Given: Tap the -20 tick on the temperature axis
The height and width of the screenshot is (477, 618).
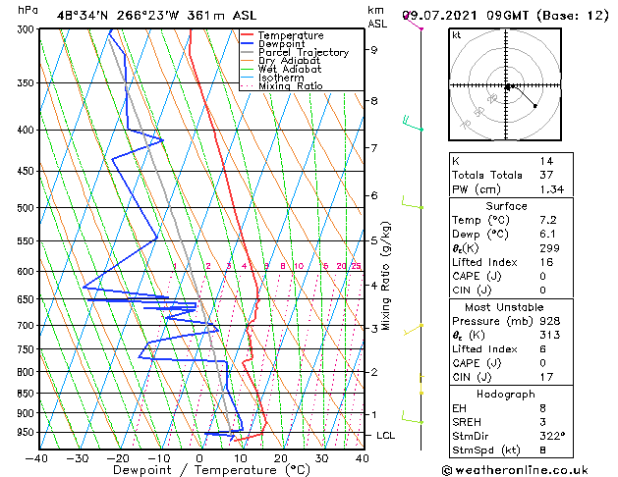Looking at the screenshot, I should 118,457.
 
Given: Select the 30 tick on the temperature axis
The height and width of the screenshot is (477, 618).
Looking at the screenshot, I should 321,457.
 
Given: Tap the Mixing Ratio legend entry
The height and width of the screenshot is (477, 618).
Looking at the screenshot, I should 290,86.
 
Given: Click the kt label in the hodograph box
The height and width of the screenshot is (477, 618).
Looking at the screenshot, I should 457,34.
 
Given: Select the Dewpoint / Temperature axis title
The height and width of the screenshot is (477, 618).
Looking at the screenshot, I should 200,470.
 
